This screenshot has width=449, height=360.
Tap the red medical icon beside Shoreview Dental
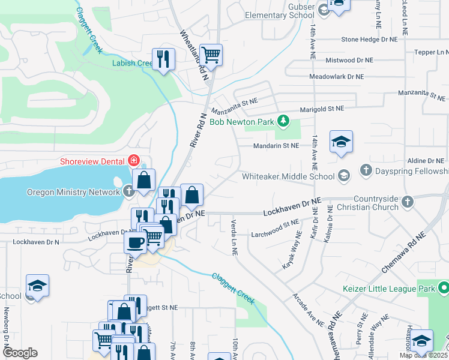[x=133, y=161]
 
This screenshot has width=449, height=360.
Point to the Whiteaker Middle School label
[x=288, y=176]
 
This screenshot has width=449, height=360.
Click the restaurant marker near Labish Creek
[x=163, y=59]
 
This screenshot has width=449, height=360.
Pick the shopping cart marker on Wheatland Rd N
[x=211, y=55]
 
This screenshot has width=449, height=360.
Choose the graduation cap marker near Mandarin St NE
[x=341, y=142]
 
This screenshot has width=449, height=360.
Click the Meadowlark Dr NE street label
[x=336, y=77]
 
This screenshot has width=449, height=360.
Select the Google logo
[x=20, y=353]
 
